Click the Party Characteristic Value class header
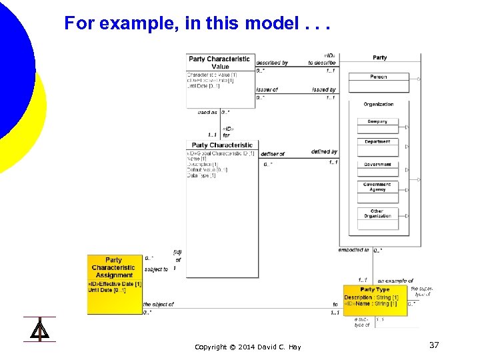click(x=219, y=63)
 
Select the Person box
click(x=378, y=77)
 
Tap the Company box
click(x=377, y=122)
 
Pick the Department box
click(x=377, y=142)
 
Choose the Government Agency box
click(x=377, y=187)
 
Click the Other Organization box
click(x=377, y=213)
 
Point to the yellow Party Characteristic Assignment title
click(x=114, y=267)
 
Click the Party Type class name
click(x=375, y=289)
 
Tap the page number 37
click(x=434, y=345)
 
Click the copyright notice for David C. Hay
click(x=247, y=347)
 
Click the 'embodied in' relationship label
click(x=353, y=250)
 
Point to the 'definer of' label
click(x=273, y=154)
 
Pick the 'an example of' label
click(x=395, y=281)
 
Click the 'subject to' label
click(x=156, y=269)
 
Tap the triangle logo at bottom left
click(x=39, y=329)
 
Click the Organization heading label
click(x=378, y=105)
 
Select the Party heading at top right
click(x=380, y=58)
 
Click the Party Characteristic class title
click(x=222, y=145)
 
